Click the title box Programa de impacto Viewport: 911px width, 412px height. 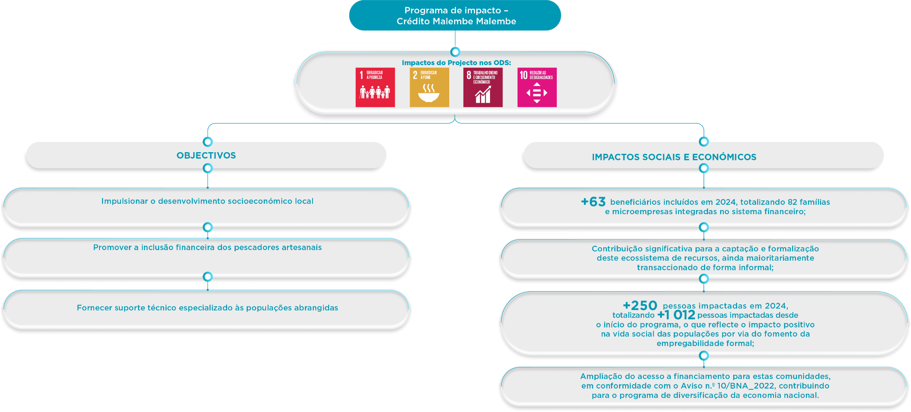pos(455,16)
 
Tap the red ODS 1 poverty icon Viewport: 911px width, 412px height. pos(375,87)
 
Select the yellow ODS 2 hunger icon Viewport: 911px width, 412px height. pos(429,87)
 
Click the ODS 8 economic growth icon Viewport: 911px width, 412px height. pos(483,87)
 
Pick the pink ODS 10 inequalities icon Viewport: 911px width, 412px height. pos(537,87)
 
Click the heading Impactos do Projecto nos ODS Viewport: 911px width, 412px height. pos(456,63)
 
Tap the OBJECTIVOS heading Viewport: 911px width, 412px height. pos(206,155)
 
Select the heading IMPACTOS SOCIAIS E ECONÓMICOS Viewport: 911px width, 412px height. pos(674,157)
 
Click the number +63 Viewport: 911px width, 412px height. pos(593,202)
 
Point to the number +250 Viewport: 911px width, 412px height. pos(640,305)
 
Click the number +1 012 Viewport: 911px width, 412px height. pos(676,315)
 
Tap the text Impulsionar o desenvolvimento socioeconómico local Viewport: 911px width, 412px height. pos(207,201)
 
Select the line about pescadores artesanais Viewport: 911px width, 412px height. pos(207,247)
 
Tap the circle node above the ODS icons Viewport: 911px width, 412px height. pos(455,52)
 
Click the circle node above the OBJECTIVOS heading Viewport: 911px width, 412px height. pos(208,142)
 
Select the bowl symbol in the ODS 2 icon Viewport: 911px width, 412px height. pos(429,97)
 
